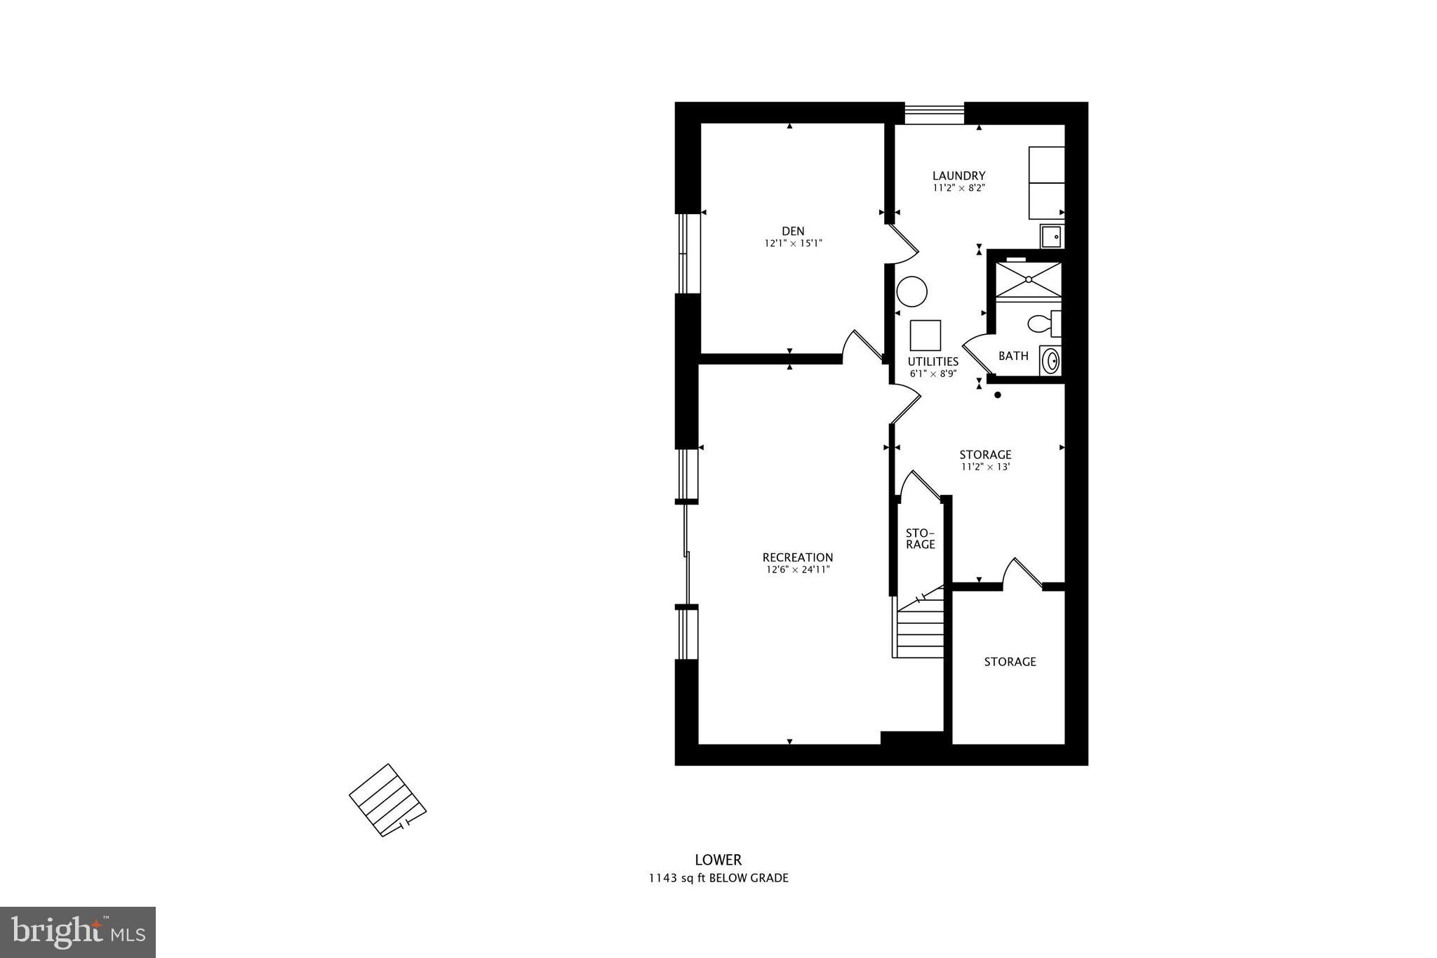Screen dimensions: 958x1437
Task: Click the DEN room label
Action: coord(793,231)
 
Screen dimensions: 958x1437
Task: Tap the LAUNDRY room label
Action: coord(958,175)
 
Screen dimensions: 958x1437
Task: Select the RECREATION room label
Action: coord(798,558)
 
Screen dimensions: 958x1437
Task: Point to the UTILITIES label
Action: coord(933,361)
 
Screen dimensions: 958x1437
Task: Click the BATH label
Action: coord(1013,356)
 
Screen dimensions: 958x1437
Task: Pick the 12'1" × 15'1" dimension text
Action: coord(793,244)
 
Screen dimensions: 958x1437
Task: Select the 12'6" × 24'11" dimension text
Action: coord(798,570)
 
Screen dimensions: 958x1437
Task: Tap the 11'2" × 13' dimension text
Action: coord(985,467)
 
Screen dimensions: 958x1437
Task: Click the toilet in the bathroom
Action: coord(1043,324)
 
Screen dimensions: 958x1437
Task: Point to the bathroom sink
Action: coord(1050,361)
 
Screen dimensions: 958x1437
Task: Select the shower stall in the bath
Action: coord(1029,279)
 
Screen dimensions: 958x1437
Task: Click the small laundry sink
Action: coord(1051,237)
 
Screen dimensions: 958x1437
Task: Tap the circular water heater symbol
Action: coord(912,291)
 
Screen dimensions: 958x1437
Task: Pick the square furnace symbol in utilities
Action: coord(925,335)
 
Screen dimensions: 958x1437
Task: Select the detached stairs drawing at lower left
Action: coord(387,800)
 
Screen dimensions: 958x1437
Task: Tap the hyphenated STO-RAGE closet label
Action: coord(920,538)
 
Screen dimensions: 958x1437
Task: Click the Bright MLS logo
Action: coord(78,932)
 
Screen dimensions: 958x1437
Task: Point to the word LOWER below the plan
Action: coord(718,860)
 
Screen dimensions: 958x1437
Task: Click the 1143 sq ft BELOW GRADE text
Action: coord(718,878)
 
